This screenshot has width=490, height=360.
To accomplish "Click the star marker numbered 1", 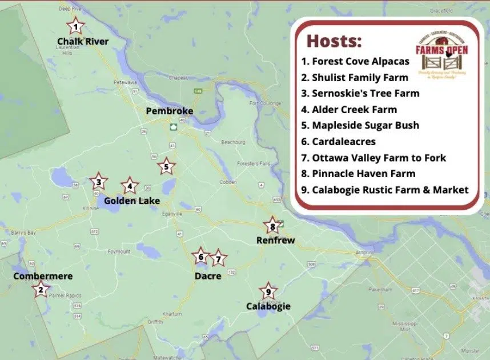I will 75,26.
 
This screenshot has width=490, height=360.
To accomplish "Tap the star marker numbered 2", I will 40,290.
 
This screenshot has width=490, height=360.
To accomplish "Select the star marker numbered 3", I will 98,182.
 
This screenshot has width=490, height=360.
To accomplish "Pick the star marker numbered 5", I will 166,167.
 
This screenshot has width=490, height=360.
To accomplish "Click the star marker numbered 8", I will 272,226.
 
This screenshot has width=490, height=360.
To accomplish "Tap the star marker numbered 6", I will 200,257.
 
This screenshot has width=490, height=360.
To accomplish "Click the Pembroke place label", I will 169,111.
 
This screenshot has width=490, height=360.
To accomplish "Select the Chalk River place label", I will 83,42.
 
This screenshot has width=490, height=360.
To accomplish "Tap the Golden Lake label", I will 132,201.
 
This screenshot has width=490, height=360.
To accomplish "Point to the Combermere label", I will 43,277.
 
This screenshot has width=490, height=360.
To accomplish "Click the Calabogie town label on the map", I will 268,306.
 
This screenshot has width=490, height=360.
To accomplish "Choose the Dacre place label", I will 207,276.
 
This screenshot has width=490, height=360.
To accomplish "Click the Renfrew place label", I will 275,241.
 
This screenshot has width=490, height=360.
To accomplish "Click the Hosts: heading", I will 334,41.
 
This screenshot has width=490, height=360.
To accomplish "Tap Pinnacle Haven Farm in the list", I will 358,173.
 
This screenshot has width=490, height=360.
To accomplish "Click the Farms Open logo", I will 441,55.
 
